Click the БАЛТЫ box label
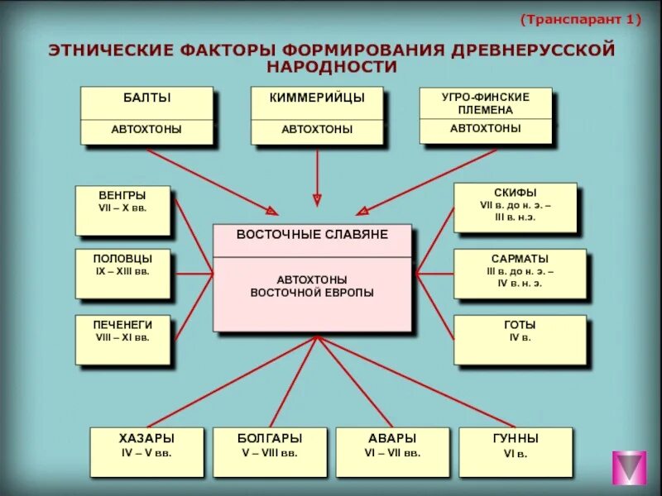146,98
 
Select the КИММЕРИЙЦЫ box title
317,98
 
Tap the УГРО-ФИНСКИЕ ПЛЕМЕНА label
485,103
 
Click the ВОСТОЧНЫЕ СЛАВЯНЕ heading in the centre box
312,235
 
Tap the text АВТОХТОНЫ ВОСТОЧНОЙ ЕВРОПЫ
312,286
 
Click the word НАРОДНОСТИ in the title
332,66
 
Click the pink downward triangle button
629,468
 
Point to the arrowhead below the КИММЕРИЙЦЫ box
316,199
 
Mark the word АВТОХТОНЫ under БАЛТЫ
146,130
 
